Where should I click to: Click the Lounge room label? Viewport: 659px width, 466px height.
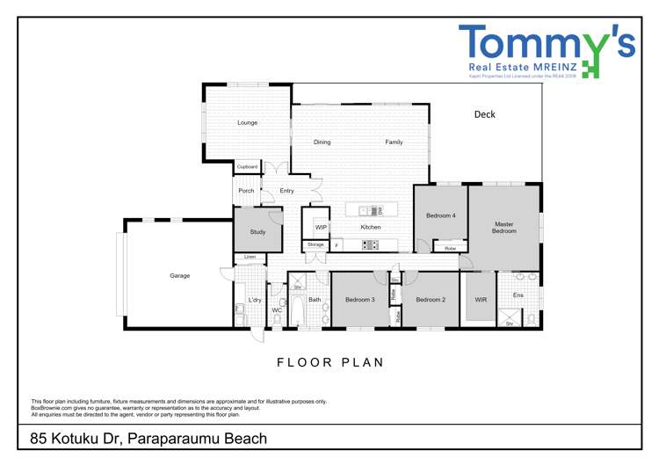click(248, 123)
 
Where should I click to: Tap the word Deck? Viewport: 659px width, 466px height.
click(484, 114)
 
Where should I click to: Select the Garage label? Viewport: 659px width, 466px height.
click(179, 276)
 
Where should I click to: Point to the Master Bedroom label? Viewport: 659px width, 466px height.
click(503, 228)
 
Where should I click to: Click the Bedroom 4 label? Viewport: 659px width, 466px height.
click(440, 215)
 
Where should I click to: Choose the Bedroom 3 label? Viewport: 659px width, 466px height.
click(359, 300)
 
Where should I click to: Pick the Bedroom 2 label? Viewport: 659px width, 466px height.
click(431, 300)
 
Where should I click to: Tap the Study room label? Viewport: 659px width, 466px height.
click(257, 232)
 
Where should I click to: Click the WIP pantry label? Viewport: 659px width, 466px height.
click(321, 228)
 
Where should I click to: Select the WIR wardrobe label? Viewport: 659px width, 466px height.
click(481, 300)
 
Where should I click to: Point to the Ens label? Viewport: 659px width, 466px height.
click(518, 295)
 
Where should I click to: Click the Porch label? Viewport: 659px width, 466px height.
click(246, 191)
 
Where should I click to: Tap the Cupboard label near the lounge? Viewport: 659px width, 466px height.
click(247, 166)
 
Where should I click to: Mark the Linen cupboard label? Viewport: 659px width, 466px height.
click(250, 258)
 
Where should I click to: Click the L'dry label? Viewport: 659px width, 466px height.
click(255, 300)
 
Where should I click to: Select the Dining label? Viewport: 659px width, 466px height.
click(322, 142)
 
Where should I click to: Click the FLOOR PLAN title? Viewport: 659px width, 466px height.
click(330, 362)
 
